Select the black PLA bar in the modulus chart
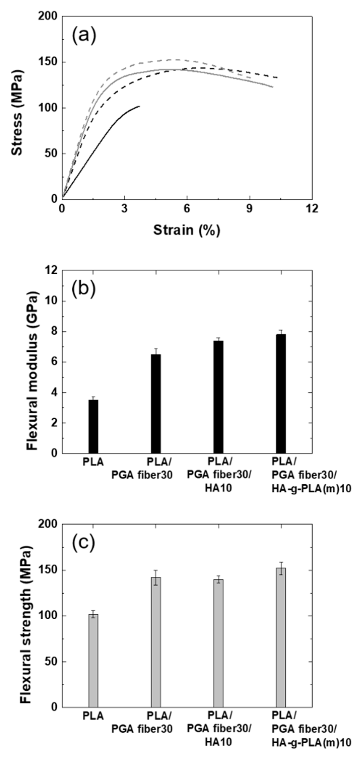tap(93, 426)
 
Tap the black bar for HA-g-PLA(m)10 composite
tap(281, 394)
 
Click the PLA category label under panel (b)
tap(93, 462)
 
